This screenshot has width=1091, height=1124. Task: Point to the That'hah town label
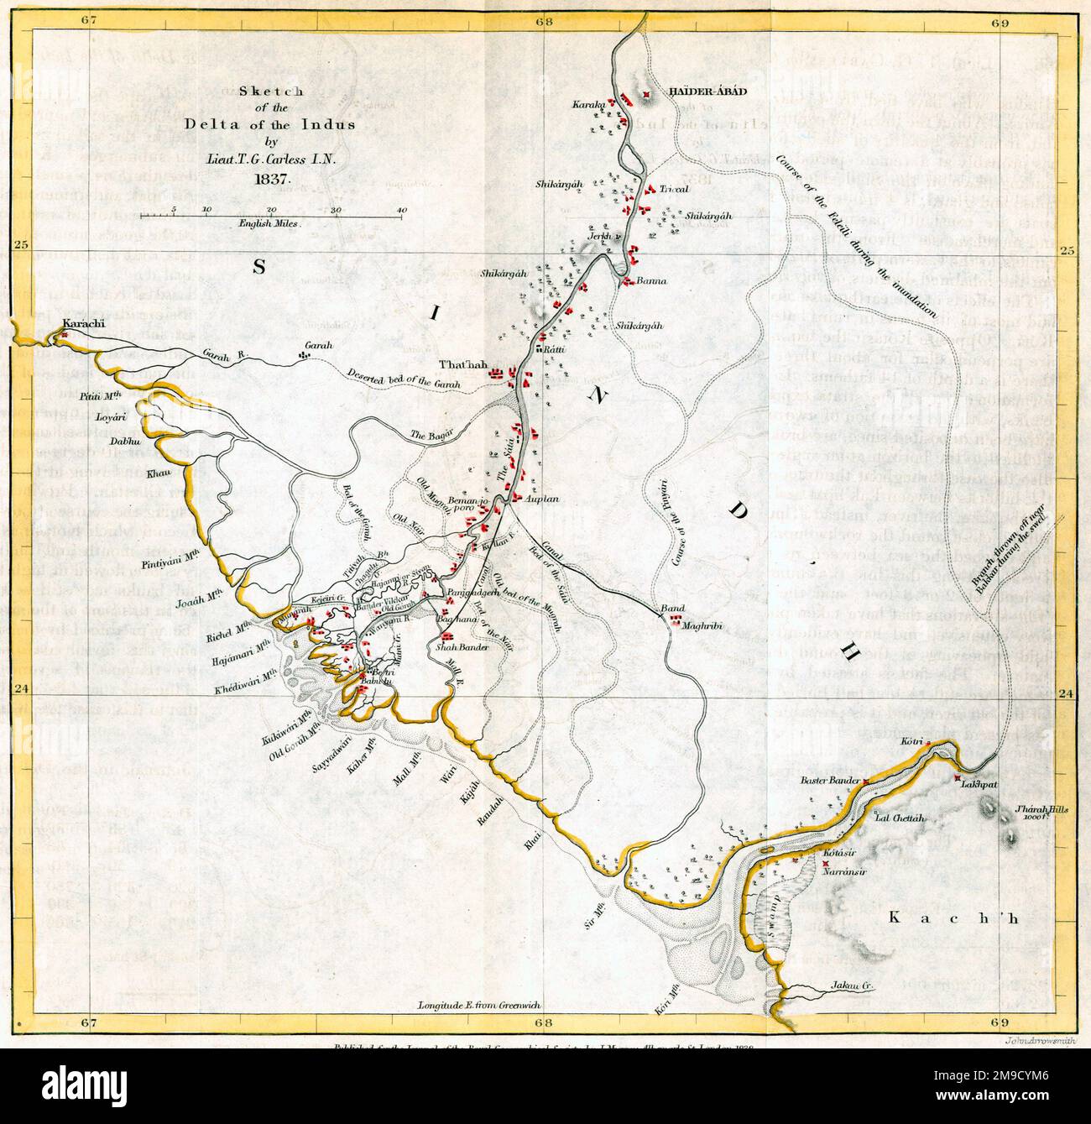tap(462, 365)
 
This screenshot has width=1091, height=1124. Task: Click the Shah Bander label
tap(457, 647)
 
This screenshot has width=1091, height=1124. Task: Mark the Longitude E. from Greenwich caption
tap(477, 1006)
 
